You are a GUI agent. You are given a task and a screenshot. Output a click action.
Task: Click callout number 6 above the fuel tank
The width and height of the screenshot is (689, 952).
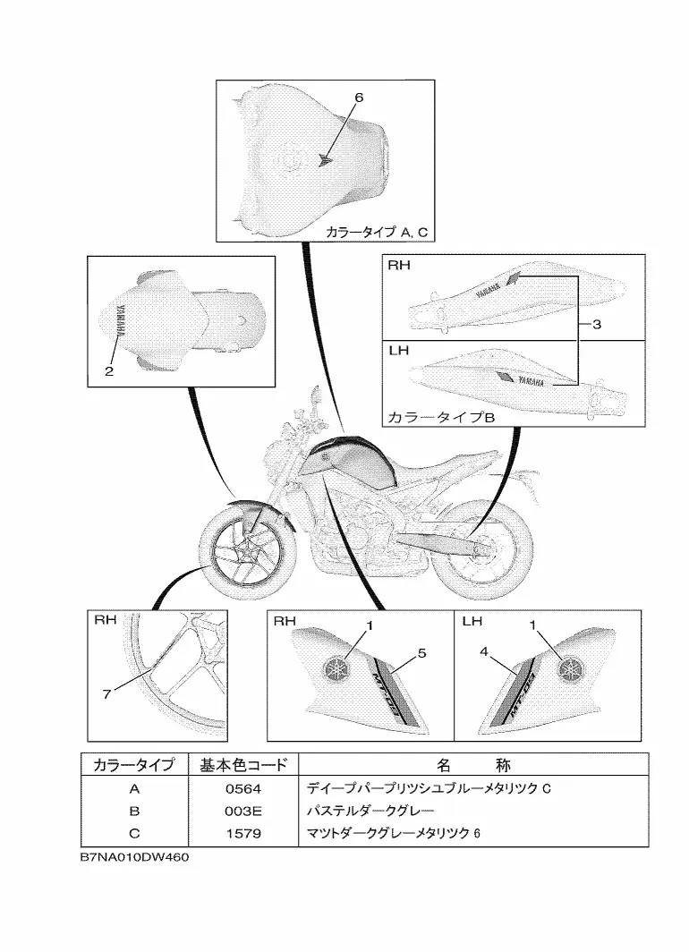point(360,96)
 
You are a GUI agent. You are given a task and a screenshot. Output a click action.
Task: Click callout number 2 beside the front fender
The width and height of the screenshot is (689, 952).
point(109,371)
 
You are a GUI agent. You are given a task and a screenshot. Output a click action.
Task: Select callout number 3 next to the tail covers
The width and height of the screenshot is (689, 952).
point(597,326)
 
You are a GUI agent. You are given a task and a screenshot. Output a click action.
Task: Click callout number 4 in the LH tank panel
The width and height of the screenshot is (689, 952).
point(484,652)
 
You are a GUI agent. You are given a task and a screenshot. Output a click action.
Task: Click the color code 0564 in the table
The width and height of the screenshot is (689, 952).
point(242,789)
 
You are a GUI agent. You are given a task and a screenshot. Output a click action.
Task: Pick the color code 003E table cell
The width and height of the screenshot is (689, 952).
point(242,812)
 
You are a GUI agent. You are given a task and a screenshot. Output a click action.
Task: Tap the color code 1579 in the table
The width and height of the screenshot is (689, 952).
point(242,833)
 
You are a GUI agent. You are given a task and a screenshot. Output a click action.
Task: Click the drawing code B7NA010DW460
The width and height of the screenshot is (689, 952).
point(134,857)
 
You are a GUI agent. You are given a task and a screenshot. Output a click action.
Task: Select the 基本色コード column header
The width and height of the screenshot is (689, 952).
point(242,765)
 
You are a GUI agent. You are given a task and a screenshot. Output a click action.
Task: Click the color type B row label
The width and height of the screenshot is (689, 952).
point(134,812)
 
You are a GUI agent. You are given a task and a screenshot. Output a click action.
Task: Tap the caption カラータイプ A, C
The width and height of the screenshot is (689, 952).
point(378,233)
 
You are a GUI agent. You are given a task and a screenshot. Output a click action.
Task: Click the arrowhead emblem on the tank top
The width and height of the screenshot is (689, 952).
point(326,161)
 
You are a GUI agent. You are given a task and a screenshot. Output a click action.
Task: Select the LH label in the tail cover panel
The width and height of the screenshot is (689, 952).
point(399,350)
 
